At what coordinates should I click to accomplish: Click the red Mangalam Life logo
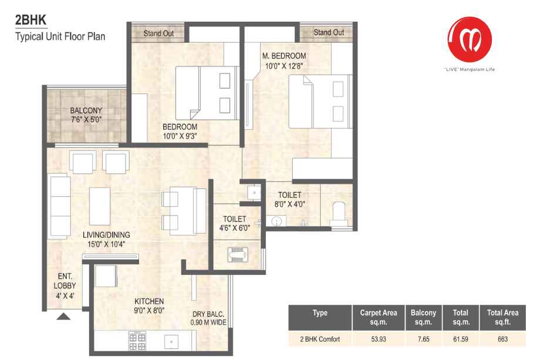coord(470,39)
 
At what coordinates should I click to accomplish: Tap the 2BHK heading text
coord(31,20)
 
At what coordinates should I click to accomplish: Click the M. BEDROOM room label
coord(284,56)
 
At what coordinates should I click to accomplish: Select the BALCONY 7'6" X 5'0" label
coord(86,115)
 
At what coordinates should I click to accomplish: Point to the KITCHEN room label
coord(149,301)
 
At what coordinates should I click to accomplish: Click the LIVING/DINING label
coord(106,235)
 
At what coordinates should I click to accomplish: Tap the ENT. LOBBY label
coord(65,281)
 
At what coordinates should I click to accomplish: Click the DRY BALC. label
coord(208,314)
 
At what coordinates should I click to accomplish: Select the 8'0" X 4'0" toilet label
coord(289,204)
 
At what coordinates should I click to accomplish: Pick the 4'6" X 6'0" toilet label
coord(235,228)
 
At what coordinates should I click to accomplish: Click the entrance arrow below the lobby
coord(63,317)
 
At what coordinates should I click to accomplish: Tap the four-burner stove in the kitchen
coord(137,341)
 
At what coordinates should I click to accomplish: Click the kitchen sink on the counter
coord(171,342)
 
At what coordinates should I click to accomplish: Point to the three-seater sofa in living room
coord(60,206)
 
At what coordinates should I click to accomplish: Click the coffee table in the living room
coord(100,206)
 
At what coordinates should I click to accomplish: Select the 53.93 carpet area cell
coord(379,339)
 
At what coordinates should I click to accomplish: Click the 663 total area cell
coord(502,339)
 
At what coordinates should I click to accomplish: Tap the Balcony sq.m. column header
coord(423,317)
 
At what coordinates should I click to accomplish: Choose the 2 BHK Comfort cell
coord(320,339)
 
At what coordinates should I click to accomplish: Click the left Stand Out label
coord(158,33)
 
